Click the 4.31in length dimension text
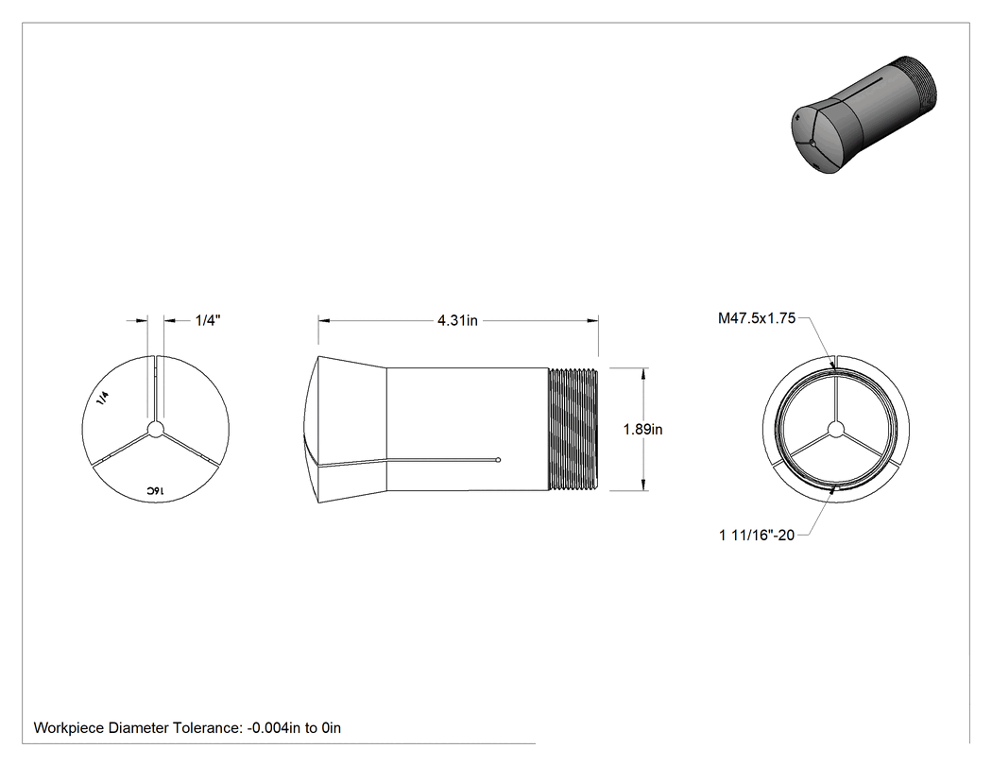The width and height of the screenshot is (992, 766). (457, 321)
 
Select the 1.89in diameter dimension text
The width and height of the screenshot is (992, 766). (642, 430)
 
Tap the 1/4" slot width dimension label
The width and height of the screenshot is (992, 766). (208, 320)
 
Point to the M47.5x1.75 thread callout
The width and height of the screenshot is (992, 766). (757, 318)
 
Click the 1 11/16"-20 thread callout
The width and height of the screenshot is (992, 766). (757, 536)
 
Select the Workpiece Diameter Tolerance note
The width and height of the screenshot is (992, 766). (187, 728)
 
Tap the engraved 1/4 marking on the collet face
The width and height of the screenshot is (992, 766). (103, 398)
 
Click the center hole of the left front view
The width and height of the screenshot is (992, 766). (156, 430)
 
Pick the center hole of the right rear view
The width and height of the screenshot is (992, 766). (836, 430)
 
